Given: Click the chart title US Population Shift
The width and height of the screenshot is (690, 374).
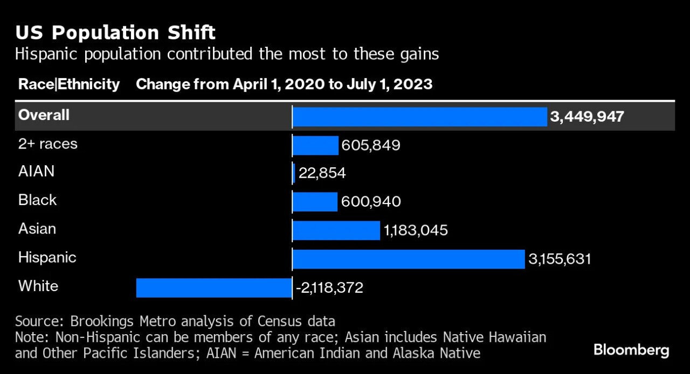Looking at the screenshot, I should point(115,33).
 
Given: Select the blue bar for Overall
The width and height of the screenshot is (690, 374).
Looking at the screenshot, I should point(419,117).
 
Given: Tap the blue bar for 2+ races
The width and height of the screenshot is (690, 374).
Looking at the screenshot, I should point(315,145).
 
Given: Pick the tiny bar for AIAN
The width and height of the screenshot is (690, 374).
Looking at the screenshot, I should point(294,173).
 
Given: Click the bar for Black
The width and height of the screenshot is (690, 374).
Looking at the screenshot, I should point(315,202).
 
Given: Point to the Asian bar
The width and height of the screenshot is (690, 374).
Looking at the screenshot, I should point(336,230).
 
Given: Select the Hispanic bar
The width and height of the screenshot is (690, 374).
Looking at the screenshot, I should point(408,259).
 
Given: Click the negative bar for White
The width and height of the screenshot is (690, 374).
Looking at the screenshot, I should point(214,287).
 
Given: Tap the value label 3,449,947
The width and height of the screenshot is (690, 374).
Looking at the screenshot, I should point(587,117).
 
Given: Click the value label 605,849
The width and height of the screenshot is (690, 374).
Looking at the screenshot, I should point(371,145).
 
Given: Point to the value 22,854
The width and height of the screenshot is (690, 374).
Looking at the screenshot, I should point(322,174).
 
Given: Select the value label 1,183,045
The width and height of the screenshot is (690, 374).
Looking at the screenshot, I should point(416,231).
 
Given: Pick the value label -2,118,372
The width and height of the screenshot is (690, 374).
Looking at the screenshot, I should point(329,288).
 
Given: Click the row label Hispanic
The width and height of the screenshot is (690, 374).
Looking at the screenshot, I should point(47,257).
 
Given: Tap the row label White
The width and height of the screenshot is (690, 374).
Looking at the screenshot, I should point(38,286).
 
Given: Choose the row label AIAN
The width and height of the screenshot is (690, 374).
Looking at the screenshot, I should point(37,172).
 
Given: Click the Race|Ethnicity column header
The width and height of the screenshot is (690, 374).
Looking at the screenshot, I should point(69,84).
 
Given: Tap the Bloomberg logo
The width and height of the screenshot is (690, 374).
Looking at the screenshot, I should point(631,351).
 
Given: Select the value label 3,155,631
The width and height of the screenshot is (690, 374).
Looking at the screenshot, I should point(560,259).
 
